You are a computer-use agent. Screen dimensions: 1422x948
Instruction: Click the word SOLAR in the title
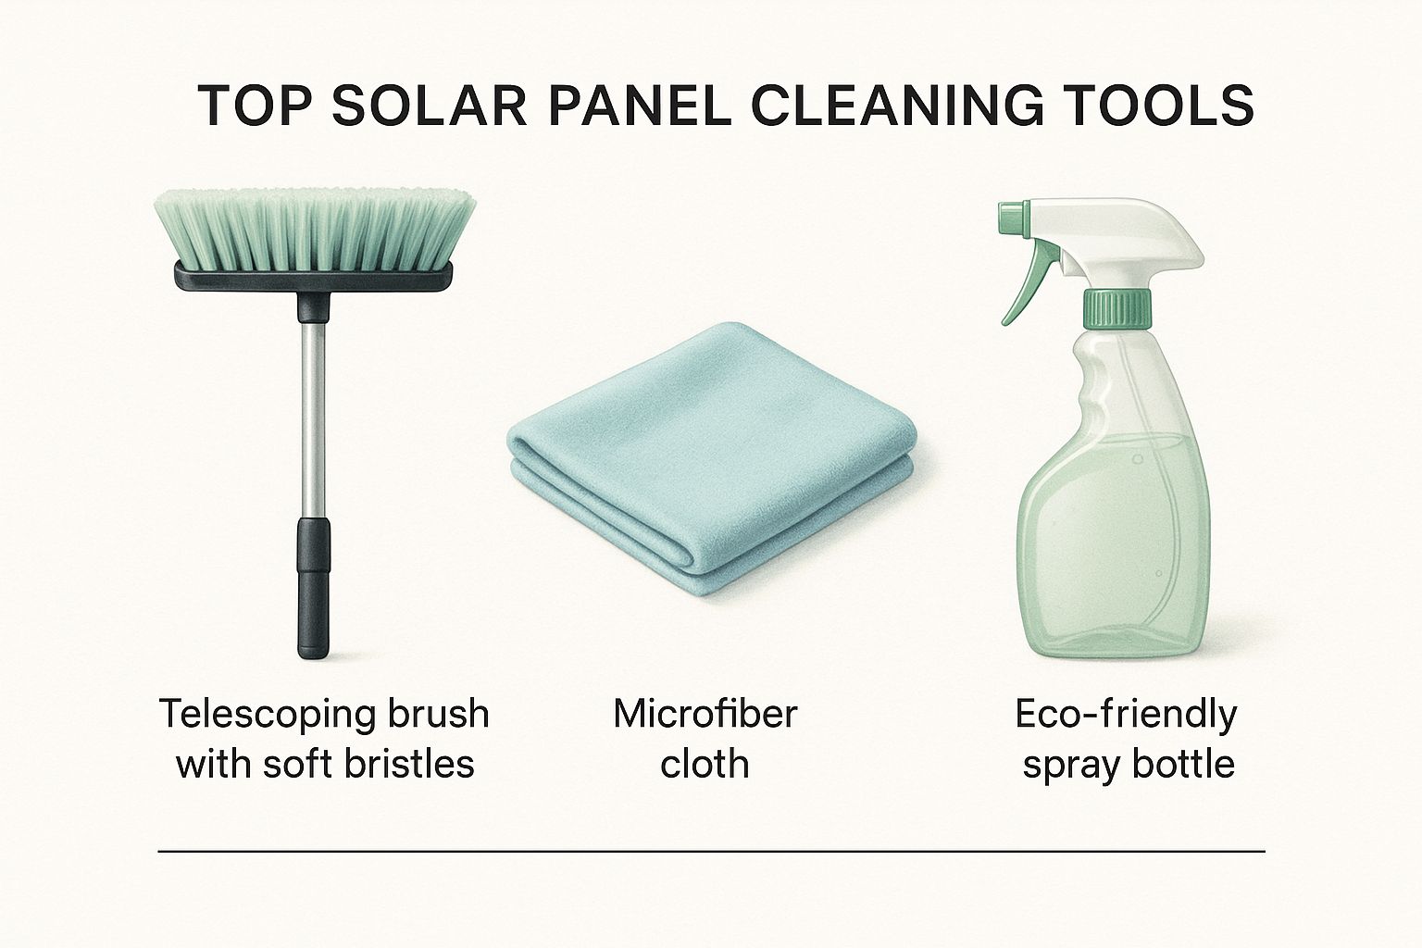430,106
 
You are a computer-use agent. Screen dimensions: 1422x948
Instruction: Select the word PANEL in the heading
642,106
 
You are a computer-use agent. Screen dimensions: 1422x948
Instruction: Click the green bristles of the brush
314,229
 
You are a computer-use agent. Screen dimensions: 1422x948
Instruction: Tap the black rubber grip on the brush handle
314,588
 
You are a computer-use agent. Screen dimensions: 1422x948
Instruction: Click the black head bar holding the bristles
314,278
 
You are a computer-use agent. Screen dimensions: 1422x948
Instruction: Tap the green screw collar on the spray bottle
1116,308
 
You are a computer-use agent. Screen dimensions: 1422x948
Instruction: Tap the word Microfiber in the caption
705,714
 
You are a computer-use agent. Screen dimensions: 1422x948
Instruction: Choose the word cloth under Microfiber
705,763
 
